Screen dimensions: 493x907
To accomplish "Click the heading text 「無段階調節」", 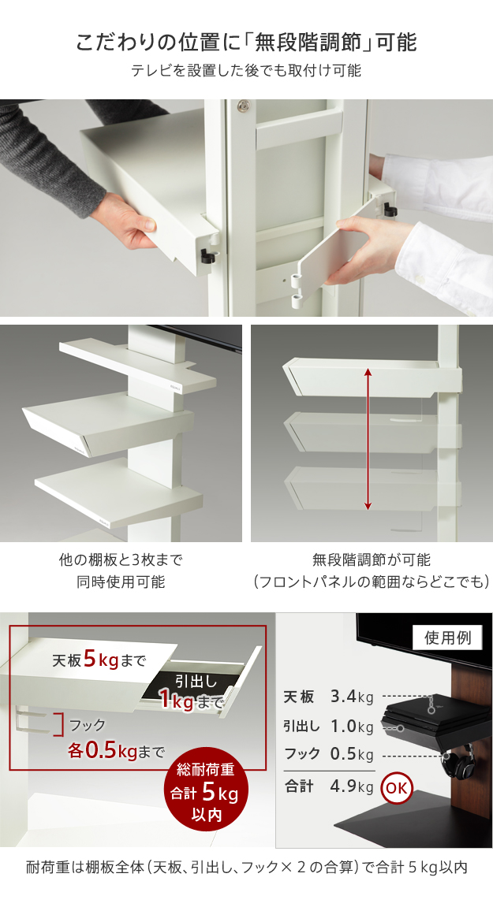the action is coord(311,43).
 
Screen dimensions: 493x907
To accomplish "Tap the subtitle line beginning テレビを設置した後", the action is coord(246,71).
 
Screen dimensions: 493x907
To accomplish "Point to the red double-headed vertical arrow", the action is coord(368,440).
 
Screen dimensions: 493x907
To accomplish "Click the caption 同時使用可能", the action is coord(121,582).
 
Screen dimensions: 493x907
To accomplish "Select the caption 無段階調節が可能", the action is coord(372,559).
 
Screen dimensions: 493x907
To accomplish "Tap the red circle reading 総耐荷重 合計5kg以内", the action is coord(206,792).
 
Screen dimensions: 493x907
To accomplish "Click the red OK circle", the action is coord(397,788).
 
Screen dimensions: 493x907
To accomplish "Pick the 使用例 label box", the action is coord(447,638).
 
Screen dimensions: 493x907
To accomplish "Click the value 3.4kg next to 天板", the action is coord(352,697).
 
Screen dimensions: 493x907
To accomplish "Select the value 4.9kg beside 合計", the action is coord(352,786).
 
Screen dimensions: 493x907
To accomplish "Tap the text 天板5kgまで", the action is coord(99,660).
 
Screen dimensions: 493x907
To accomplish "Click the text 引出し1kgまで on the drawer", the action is coord(191,691).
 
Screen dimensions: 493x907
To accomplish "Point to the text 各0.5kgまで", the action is coord(116,751).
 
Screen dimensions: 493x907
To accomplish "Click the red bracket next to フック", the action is coord(58,724).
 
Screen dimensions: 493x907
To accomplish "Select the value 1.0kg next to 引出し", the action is coord(352,727).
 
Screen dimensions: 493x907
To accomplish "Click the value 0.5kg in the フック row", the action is coord(352,755).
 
